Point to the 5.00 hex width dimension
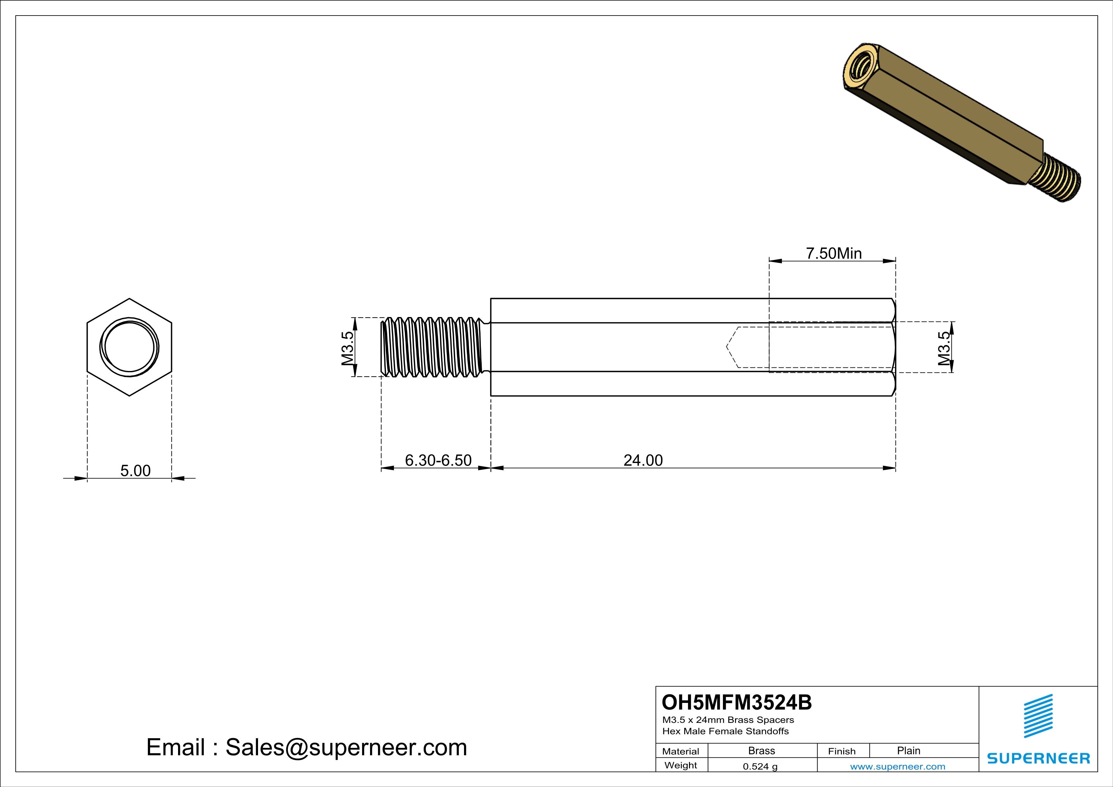tap(135, 471)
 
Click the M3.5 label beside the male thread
tap(348, 348)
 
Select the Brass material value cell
tap(762, 751)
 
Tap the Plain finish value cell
tap(908, 751)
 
